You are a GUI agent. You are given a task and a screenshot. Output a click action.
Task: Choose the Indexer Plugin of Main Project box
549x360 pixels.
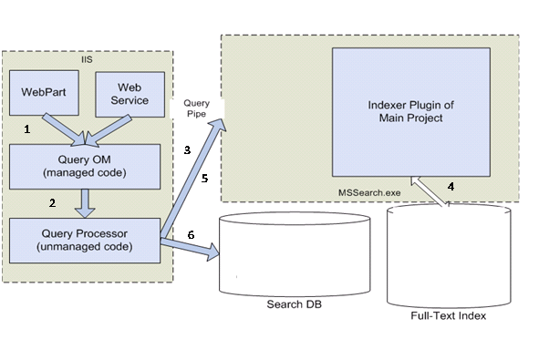[x=415, y=112]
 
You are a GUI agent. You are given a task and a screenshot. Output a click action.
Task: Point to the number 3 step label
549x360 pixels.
[x=186, y=149]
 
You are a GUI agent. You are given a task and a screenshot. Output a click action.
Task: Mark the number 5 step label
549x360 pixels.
[x=205, y=179]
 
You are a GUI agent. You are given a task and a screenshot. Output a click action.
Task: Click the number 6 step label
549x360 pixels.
[x=190, y=234]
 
